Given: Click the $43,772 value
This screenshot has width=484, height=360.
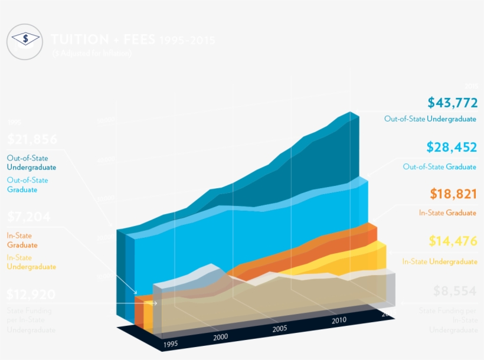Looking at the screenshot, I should [x=452, y=103].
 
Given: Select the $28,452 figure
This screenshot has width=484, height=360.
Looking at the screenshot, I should [x=452, y=147].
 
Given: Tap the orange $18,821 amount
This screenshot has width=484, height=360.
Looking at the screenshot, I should [x=453, y=194].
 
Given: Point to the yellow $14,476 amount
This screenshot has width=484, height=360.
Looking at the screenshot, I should [x=453, y=241].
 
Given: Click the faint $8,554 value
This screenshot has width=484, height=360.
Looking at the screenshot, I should [x=454, y=291].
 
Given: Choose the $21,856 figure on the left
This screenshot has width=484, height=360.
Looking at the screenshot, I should [x=32, y=140].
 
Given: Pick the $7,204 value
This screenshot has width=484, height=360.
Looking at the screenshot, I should [x=29, y=217].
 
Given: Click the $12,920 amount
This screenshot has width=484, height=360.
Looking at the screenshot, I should [x=31, y=294].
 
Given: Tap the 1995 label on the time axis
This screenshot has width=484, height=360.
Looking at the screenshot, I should [x=170, y=343].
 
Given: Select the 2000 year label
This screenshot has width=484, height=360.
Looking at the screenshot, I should [x=220, y=336].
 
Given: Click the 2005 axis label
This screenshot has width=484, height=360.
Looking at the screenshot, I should [x=280, y=329].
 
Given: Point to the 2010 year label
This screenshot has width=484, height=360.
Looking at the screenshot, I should [x=339, y=320].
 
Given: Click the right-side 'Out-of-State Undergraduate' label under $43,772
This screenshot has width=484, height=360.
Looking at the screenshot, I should [x=430, y=119].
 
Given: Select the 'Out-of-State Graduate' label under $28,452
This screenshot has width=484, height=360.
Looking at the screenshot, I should [x=439, y=166].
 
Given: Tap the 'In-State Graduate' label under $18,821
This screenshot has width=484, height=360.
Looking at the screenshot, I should [x=447, y=212].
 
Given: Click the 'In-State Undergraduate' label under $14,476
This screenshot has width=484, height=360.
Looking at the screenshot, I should [x=439, y=261].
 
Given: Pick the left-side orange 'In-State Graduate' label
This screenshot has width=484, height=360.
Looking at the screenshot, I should [x=22, y=240].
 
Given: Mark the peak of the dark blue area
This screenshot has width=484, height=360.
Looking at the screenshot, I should [x=351, y=112].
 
